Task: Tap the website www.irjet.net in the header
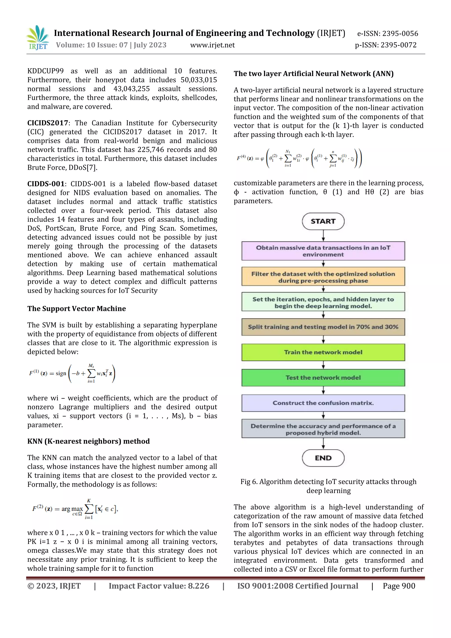tap(212, 45)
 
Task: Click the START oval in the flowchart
tap(323, 221)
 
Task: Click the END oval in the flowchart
tap(323, 458)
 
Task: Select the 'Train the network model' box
tap(323, 352)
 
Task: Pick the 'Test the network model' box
tap(323, 377)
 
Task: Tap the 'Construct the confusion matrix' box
tap(323, 403)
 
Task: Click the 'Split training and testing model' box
tap(323, 327)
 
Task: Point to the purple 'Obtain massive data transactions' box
tap(323, 251)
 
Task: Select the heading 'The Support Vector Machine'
tap(76, 309)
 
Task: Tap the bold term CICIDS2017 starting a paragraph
tap(48, 123)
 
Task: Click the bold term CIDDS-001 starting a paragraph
tap(46, 184)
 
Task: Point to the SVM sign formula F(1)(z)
tap(72, 373)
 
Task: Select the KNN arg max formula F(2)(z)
tap(75, 509)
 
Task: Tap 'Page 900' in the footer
tap(399, 586)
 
